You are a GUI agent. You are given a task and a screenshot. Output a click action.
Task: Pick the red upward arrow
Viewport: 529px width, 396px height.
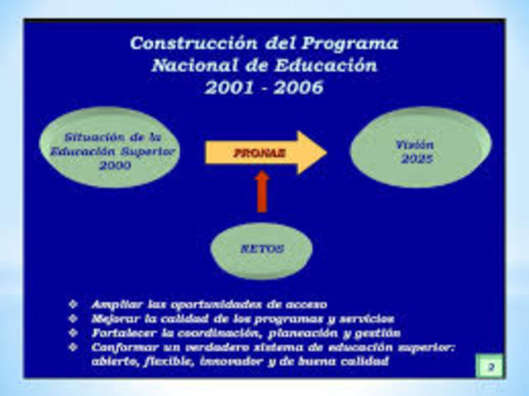(262, 191)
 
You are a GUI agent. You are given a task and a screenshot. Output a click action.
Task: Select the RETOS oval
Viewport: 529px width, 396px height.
(263, 249)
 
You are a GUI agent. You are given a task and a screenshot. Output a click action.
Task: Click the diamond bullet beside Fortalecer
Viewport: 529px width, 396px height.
(74, 332)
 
